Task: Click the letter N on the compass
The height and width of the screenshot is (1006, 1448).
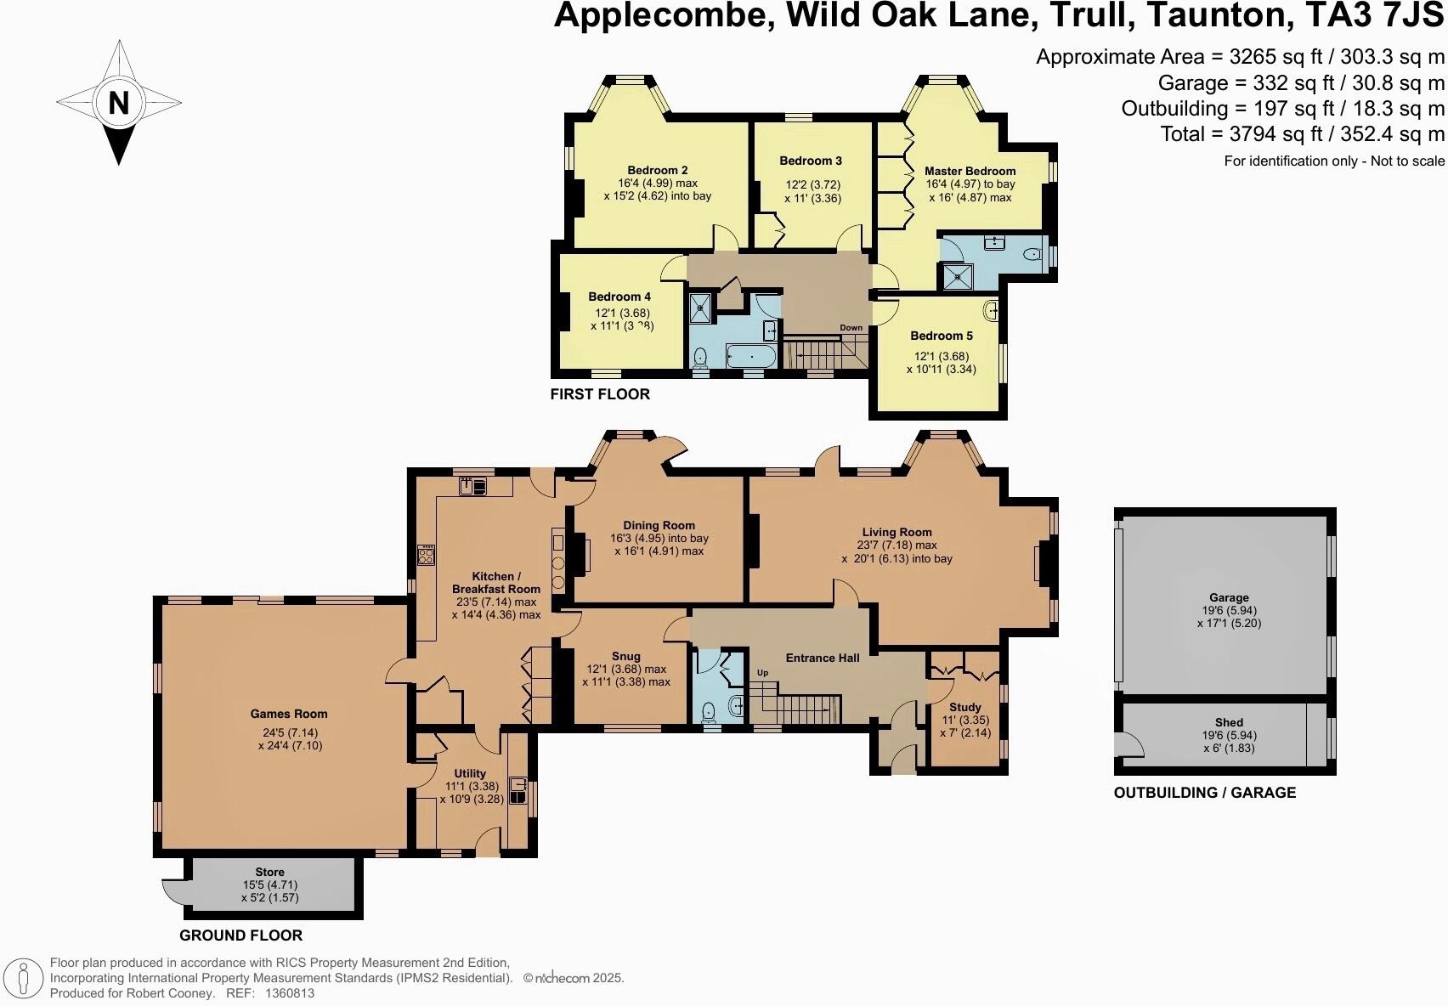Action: pos(119,103)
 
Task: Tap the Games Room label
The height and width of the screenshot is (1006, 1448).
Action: pos(289,715)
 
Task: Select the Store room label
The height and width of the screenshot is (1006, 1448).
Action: pos(270,873)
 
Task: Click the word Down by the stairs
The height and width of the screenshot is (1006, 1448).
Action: pos(851,328)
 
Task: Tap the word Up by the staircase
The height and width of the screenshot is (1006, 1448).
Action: pos(762,673)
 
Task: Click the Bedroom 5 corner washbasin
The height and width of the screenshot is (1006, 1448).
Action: pos(992,311)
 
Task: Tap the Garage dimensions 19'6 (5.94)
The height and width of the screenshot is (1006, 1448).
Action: pos(1229,610)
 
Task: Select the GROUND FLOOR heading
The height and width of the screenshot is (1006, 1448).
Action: pos(240,935)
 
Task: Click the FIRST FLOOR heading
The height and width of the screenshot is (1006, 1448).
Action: pos(600,394)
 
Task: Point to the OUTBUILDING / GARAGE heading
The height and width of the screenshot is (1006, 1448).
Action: pos(1204,793)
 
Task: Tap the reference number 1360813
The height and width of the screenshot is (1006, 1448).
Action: pos(290,992)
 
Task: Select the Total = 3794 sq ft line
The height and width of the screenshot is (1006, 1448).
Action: pos(1303,134)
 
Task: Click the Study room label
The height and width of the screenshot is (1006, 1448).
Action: pos(965,707)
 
